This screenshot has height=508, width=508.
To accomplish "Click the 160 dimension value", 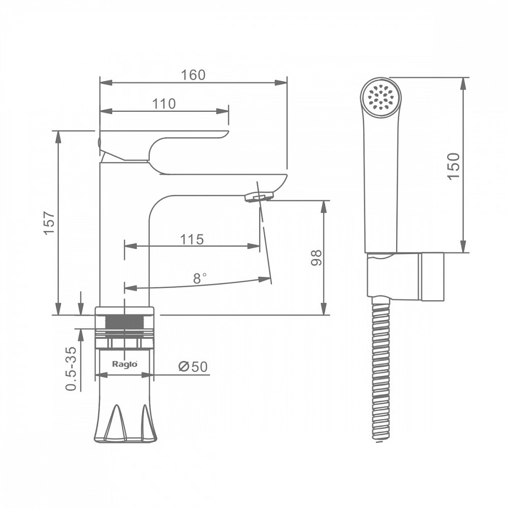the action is click(x=193, y=75).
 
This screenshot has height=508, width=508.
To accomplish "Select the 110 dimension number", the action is click(x=164, y=104).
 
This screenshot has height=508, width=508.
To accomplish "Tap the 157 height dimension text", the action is click(x=49, y=223).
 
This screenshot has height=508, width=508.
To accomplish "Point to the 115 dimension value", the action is click(x=192, y=239).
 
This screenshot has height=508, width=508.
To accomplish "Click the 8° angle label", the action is click(x=199, y=278).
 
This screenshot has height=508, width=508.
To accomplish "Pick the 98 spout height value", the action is click(x=316, y=258).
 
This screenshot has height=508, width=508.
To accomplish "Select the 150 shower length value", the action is click(x=453, y=166).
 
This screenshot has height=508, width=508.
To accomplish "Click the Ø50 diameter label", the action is click(x=193, y=366).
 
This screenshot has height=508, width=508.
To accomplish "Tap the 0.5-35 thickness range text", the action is click(x=71, y=369).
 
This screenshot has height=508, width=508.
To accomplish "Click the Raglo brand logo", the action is click(x=125, y=364).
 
